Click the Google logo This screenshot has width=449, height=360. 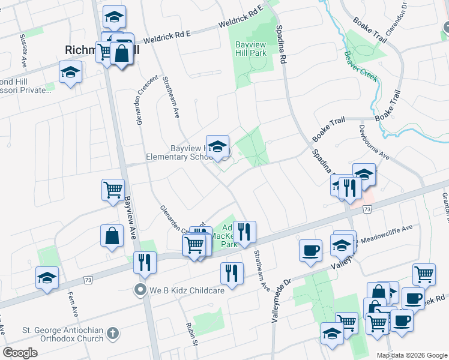[x=20, y=353]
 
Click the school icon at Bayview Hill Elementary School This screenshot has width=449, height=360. [x=217, y=146]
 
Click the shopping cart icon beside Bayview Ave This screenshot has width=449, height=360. [x=113, y=190]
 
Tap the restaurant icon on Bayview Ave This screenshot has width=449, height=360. [x=145, y=262]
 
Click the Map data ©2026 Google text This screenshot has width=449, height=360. [x=411, y=355]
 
